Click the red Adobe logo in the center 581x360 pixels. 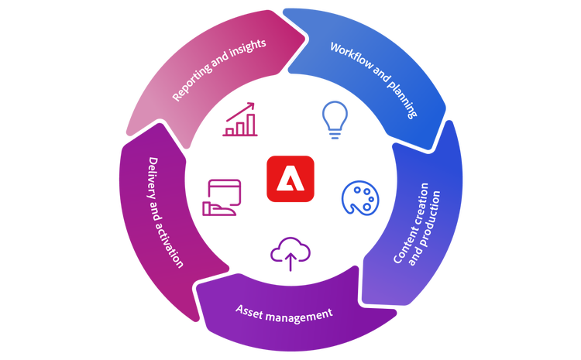(x=290, y=179)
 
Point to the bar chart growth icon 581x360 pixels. (x=240, y=120)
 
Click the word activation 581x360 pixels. (x=172, y=245)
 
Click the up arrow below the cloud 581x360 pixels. (x=290, y=263)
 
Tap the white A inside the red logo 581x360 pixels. (x=290, y=180)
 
